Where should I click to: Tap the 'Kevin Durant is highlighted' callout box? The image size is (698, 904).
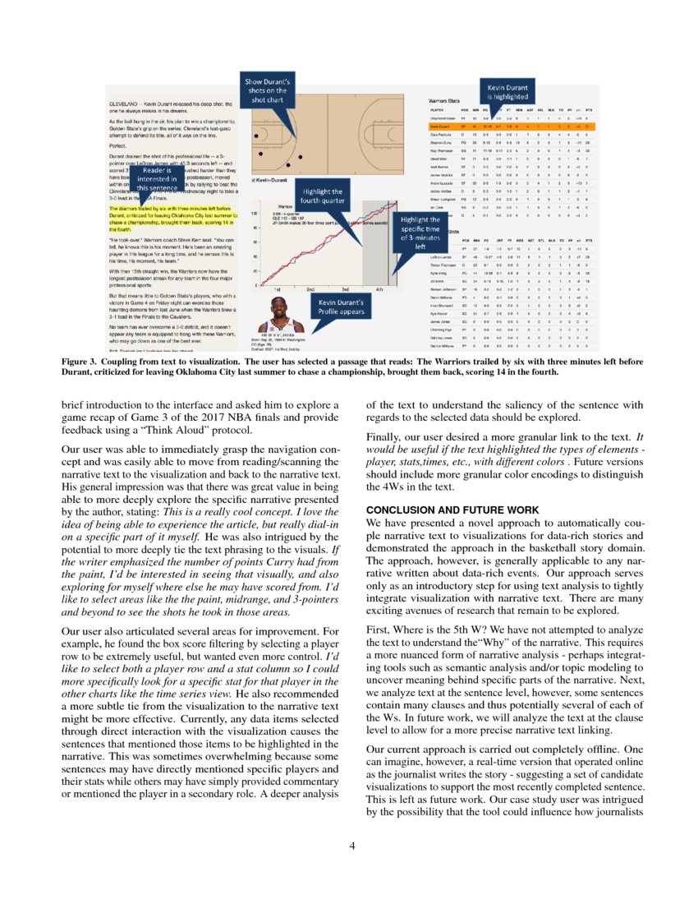point(507,92)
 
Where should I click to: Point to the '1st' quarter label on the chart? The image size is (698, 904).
point(278,290)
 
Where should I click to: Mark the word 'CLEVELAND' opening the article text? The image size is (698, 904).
point(128,104)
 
